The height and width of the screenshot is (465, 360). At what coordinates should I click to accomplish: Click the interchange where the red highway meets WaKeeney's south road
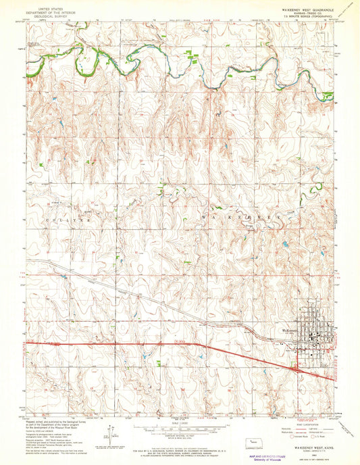(x=297, y=368)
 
